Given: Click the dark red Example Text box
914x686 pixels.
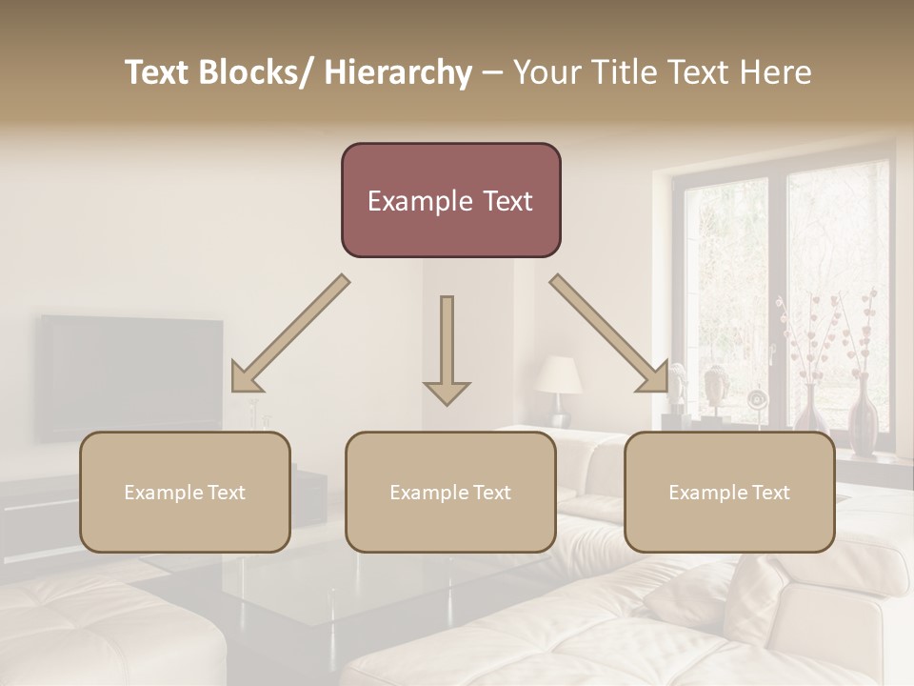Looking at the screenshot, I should pyautogui.click(x=450, y=200).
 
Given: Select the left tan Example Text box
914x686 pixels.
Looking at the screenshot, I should pyautogui.click(x=185, y=492).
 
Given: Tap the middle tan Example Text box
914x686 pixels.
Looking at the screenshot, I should pyautogui.click(x=450, y=492).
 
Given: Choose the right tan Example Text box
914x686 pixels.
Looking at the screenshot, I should pyautogui.click(x=729, y=492).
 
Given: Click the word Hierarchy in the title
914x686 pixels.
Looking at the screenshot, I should pyautogui.click(x=398, y=73).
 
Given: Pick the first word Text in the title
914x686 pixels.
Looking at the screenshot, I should pyautogui.click(x=158, y=73).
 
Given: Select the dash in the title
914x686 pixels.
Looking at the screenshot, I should pyautogui.click(x=492, y=73).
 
